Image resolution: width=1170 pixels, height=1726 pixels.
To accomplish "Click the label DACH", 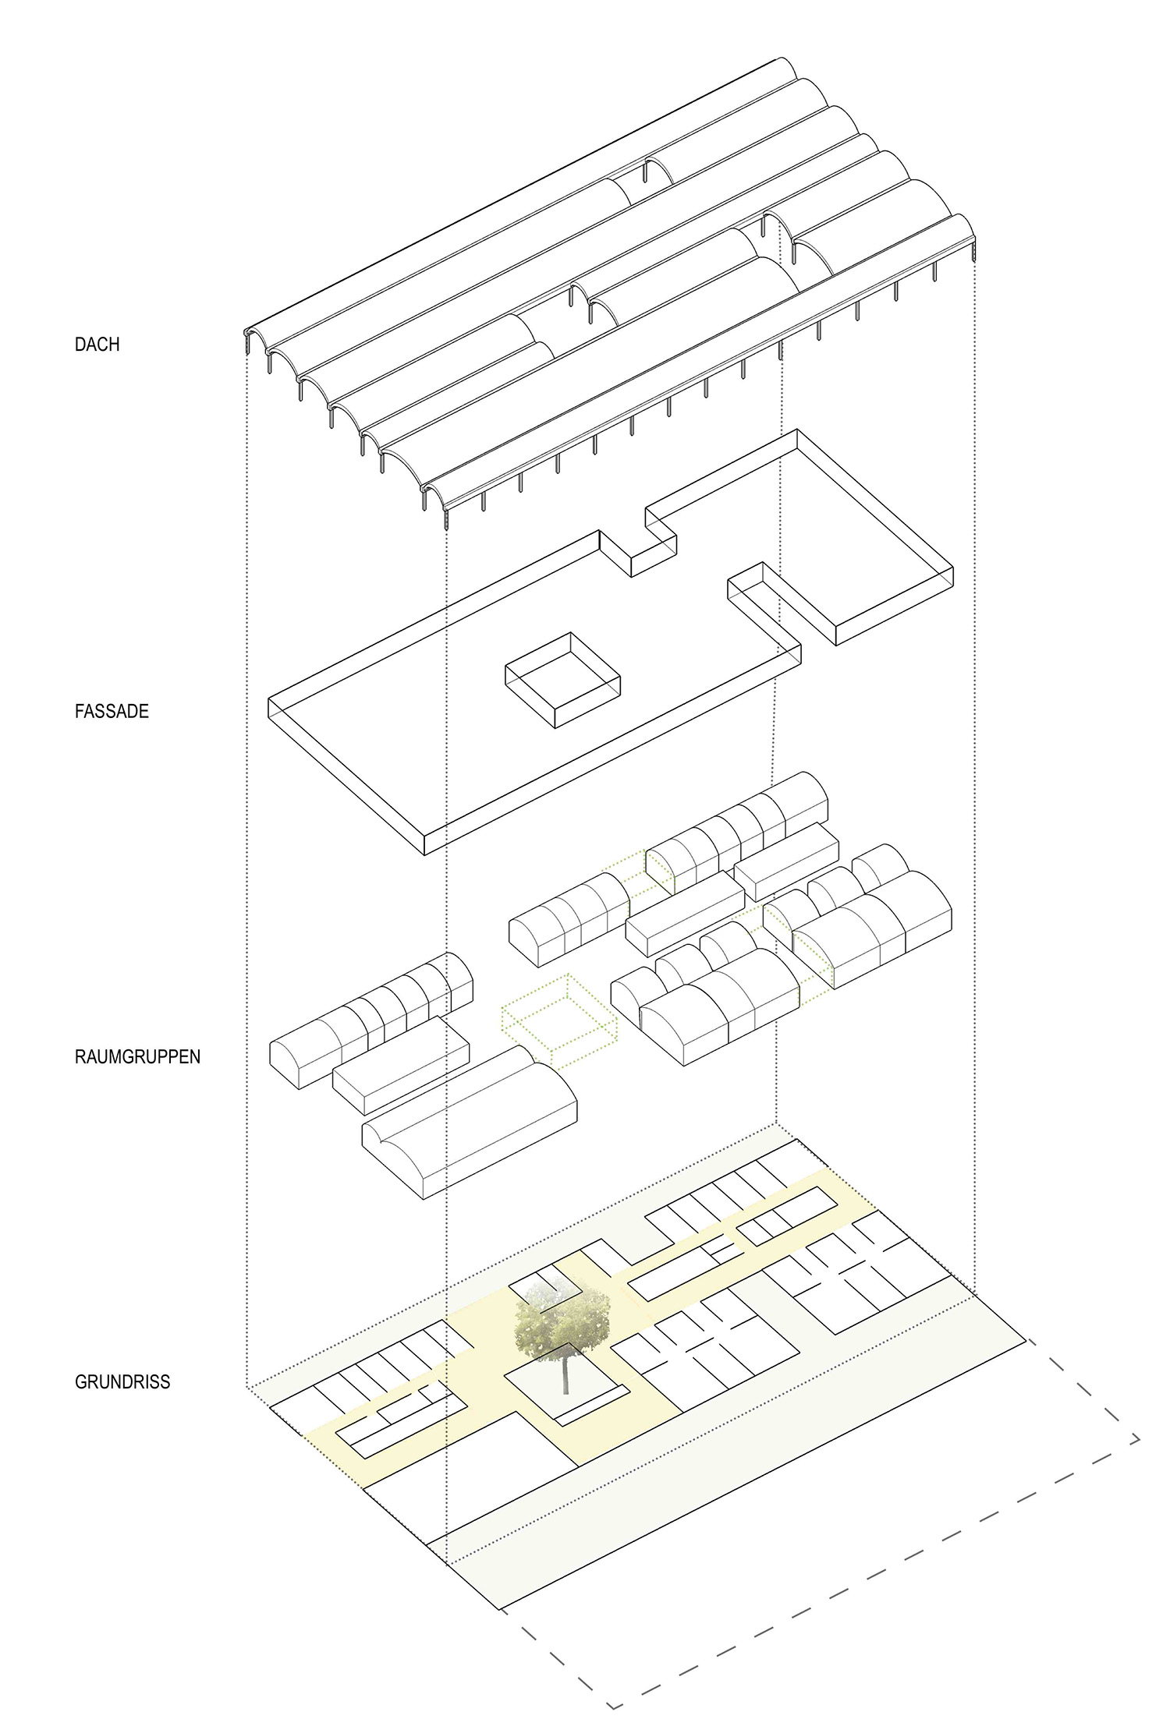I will click(97, 344).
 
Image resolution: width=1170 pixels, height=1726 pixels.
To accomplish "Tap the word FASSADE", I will click(112, 711).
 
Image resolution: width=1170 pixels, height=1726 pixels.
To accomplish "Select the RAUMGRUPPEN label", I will click(137, 1057).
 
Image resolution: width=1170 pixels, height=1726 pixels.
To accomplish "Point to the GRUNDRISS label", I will click(122, 1382).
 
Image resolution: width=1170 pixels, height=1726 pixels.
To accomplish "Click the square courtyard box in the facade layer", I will click(562, 681).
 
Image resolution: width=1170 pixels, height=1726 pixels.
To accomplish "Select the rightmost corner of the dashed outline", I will click(1140, 1441).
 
